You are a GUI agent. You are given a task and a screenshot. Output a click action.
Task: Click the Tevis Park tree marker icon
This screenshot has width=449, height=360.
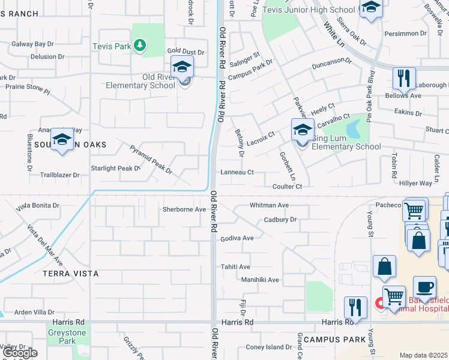tap(140, 46)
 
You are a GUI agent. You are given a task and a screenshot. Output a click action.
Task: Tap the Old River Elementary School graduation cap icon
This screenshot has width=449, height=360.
tap(182, 67)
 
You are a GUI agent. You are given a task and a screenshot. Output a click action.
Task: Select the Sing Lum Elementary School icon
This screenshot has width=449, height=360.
tap(303, 130)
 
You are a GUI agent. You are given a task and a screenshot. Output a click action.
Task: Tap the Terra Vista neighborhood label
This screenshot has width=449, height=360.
tap(70, 273)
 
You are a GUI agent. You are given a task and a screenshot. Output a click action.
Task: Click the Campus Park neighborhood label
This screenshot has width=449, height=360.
tap(334, 340)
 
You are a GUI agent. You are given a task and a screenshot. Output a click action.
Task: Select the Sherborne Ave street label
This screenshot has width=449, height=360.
tap(184, 210)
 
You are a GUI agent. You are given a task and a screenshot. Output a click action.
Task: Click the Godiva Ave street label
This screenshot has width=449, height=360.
tap(237, 238)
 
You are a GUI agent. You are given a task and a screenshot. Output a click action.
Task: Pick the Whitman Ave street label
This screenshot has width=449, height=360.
tap(270, 205)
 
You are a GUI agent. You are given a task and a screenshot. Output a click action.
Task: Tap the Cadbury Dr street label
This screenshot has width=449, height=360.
tap(280, 220)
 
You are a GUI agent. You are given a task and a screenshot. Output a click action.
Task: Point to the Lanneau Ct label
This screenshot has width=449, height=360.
tap(237, 172)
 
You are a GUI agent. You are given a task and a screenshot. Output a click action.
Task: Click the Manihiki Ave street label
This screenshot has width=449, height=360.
tap(260, 280)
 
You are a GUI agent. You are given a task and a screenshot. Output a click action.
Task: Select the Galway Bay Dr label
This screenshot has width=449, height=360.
tap(34, 44)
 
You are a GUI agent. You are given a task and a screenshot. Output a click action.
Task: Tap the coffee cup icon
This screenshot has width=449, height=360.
tap(424, 287)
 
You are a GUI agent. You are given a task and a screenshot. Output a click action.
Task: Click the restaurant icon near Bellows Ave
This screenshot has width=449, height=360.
tap(404, 78)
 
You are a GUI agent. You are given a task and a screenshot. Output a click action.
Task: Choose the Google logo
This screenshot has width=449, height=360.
tap(19, 353)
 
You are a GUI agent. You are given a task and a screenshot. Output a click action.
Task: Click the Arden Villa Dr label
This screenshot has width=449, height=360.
tap(34, 312)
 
